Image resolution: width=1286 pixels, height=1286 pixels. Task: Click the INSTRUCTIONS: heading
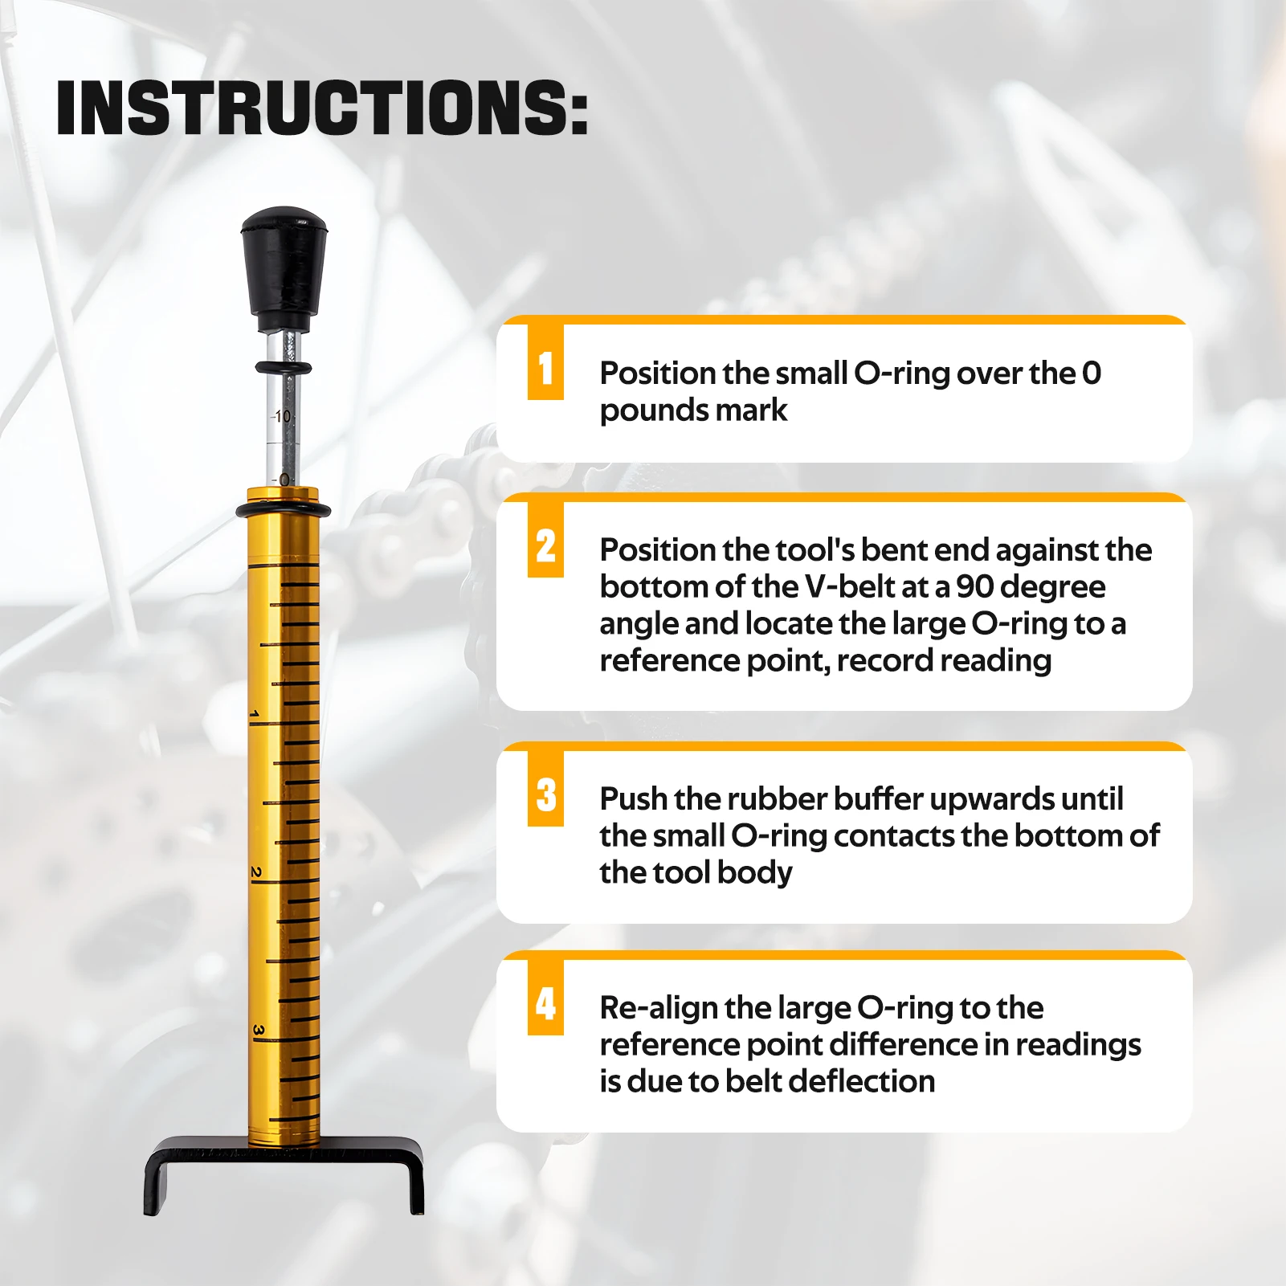pos(322,108)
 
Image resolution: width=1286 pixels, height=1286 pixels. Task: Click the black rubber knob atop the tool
pos(285,268)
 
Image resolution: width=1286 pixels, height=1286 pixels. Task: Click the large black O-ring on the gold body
pos(283,511)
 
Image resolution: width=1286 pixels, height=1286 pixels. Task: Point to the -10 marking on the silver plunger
pos(280,417)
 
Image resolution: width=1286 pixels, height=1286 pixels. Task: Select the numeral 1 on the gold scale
pos(255,715)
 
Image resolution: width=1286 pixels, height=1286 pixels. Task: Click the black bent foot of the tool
pos(284,1174)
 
